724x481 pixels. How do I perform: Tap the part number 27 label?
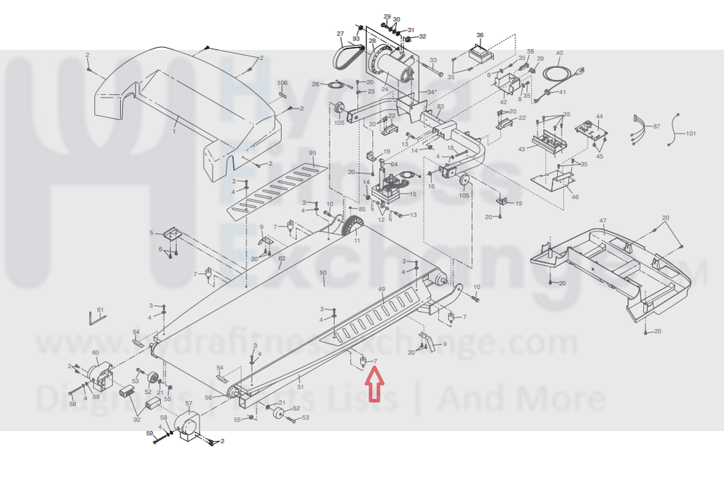[x=341, y=34]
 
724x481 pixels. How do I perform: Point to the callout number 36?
[x=480, y=35]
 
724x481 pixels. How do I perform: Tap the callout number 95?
[x=312, y=154]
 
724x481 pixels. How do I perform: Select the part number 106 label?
[x=283, y=83]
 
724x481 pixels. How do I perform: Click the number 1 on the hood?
[x=174, y=132]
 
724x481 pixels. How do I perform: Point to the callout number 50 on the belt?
[x=323, y=273]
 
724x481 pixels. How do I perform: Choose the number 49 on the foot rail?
[x=381, y=289]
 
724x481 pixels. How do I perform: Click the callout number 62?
[x=282, y=258]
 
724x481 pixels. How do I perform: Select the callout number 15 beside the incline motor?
[x=412, y=194]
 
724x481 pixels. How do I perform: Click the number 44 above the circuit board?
[x=599, y=116]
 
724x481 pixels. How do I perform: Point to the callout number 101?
[x=690, y=134]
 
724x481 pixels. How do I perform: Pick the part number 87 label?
[x=656, y=126]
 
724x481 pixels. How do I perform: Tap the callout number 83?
[x=441, y=107]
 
